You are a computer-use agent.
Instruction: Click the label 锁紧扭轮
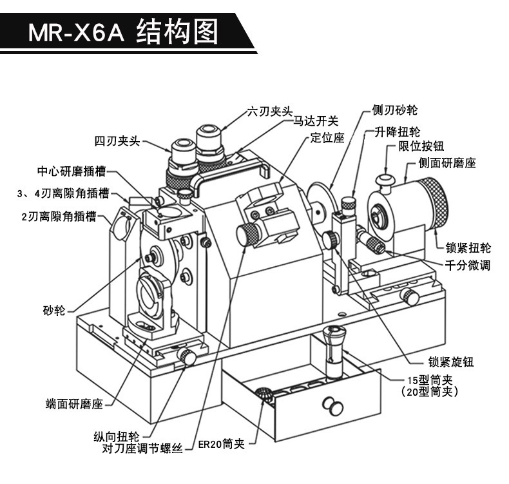(x=468, y=248)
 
